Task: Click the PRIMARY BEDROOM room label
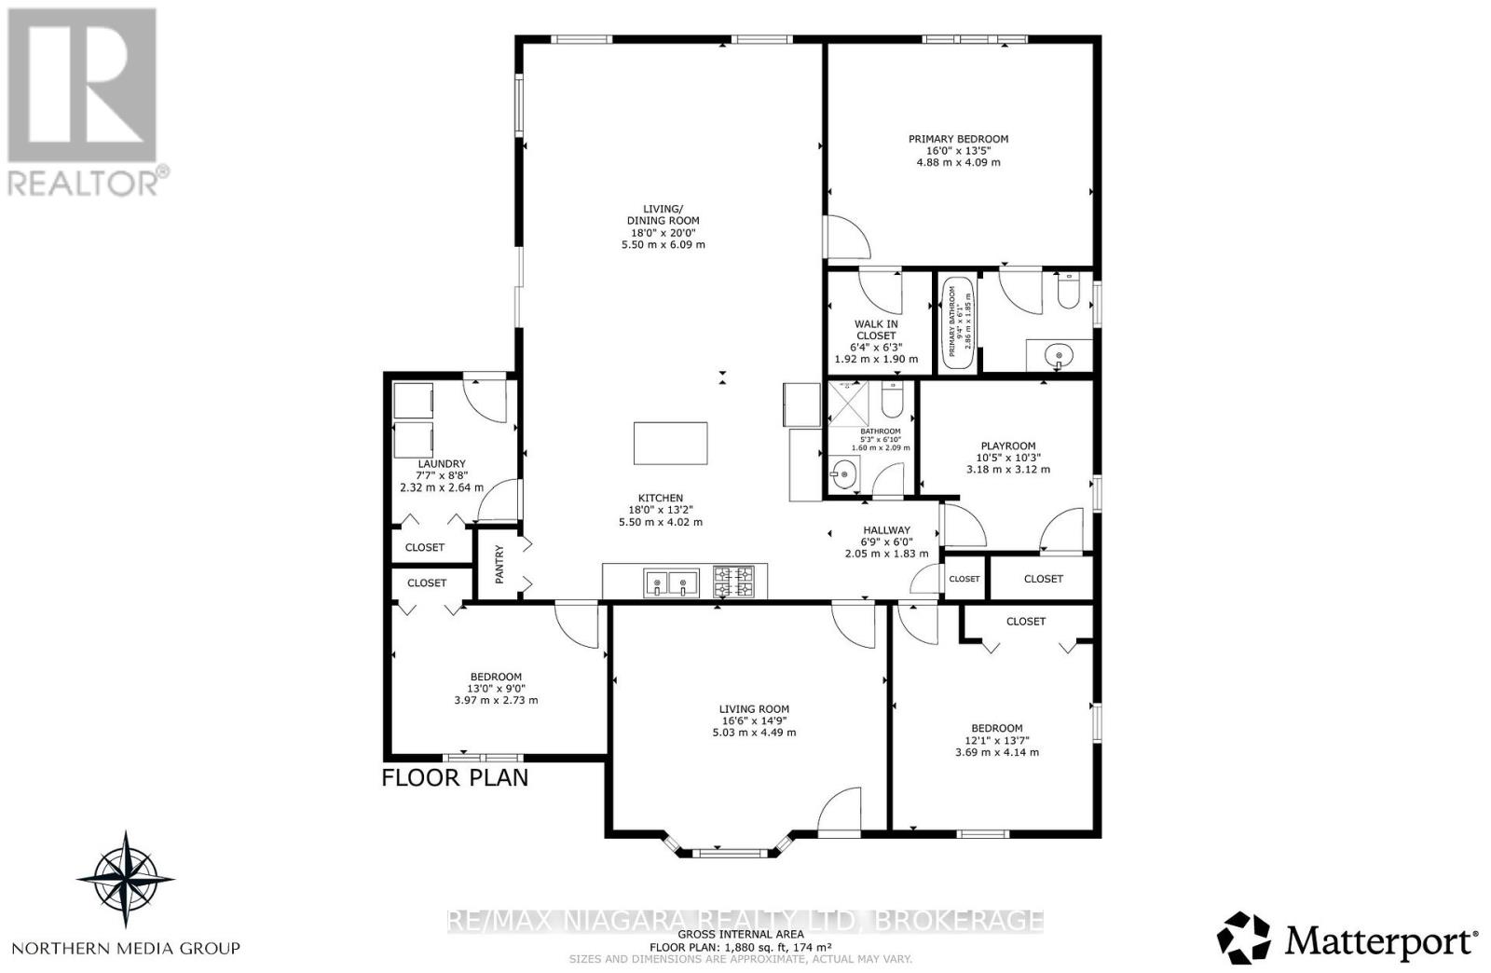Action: [x=958, y=139]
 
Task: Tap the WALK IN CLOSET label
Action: [x=875, y=330]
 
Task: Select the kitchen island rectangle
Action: [x=670, y=443]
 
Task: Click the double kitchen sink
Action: [x=670, y=584]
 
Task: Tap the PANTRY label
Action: [x=499, y=564]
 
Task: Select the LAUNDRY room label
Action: [x=442, y=463]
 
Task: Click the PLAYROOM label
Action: [x=1007, y=445]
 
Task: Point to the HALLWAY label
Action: [x=886, y=529]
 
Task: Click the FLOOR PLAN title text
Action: [x=455, y=777]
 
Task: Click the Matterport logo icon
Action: [x=1244, y=938]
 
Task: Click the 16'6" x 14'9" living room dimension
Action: [x=754, y=720]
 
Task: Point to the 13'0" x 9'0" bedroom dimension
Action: [x=495, y=689]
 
